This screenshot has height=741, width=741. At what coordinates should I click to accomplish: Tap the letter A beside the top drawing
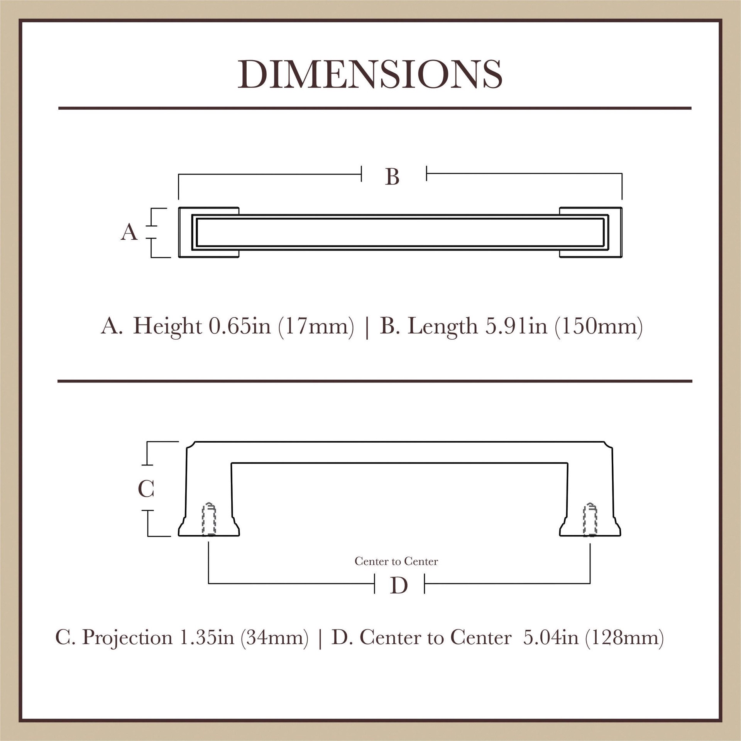point(129,233)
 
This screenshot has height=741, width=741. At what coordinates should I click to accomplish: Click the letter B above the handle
point(392,178)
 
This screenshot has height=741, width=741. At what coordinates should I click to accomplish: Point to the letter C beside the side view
point(146,489)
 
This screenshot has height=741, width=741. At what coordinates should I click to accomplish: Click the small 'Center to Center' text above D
point(396,562)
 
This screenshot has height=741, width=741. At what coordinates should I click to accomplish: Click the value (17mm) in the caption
point(316,327)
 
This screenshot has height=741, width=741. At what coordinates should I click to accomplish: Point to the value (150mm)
point(599,327)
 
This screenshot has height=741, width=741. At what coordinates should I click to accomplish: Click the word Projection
point(127,637)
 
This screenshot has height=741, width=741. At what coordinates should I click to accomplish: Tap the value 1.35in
point(207,637)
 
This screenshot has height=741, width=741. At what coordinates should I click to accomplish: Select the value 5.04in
point(550,637)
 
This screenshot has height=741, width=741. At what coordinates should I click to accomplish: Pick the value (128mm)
point(624,637)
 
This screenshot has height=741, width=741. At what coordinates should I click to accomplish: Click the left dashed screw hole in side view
point(209,519)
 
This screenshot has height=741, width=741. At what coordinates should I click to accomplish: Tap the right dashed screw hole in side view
point(590,519)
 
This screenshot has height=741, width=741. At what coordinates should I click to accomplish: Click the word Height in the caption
point(167,327)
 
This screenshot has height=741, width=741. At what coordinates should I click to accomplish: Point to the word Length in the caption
point(443,327)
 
